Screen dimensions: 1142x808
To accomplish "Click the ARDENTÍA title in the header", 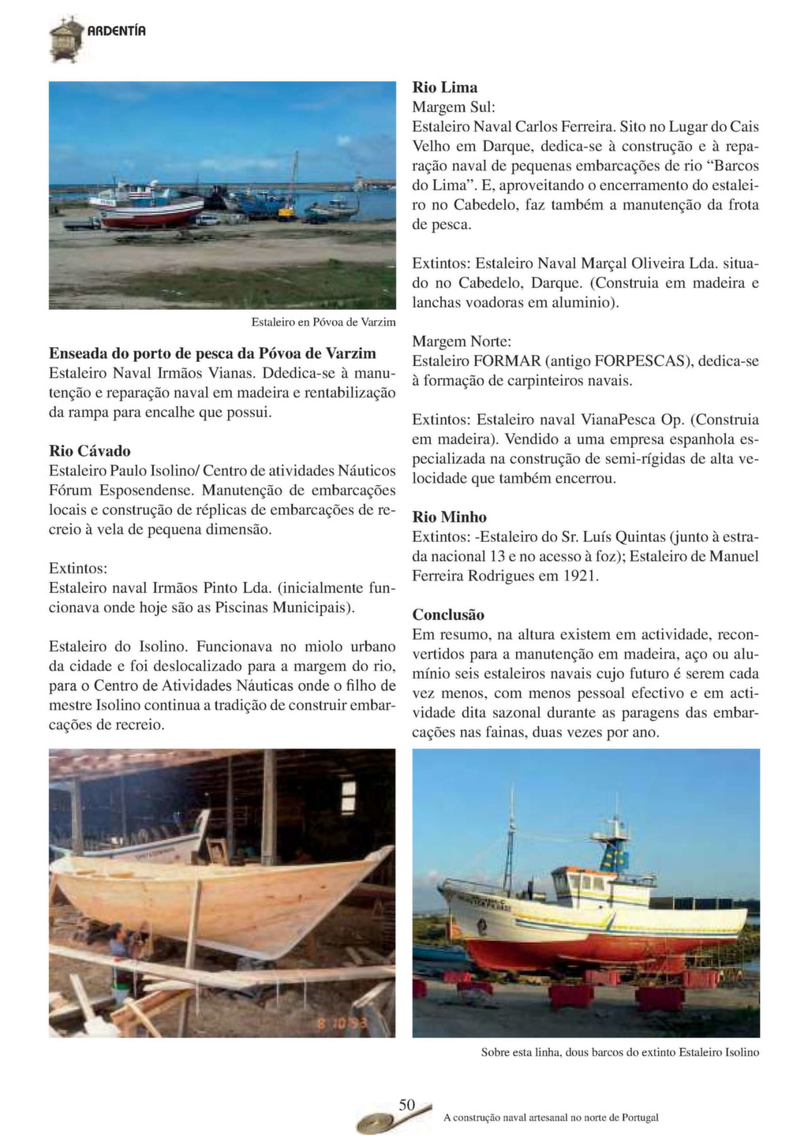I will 116,32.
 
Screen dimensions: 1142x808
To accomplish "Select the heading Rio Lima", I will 445,88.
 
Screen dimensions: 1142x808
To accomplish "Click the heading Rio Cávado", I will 90,451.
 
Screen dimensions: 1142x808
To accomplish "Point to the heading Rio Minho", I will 450,517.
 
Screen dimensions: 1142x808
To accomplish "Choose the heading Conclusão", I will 448,615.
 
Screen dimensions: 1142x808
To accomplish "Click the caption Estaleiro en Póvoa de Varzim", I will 324,323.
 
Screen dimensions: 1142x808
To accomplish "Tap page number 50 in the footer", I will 406,1105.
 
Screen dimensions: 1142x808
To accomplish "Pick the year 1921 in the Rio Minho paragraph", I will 580,576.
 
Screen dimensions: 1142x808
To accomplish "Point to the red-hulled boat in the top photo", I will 150,213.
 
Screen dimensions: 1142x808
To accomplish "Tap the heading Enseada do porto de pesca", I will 212,353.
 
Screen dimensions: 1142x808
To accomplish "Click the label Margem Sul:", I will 454,106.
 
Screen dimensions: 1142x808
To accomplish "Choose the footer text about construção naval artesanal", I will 551,1118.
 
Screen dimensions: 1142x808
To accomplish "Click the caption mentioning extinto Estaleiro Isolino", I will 620,1052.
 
